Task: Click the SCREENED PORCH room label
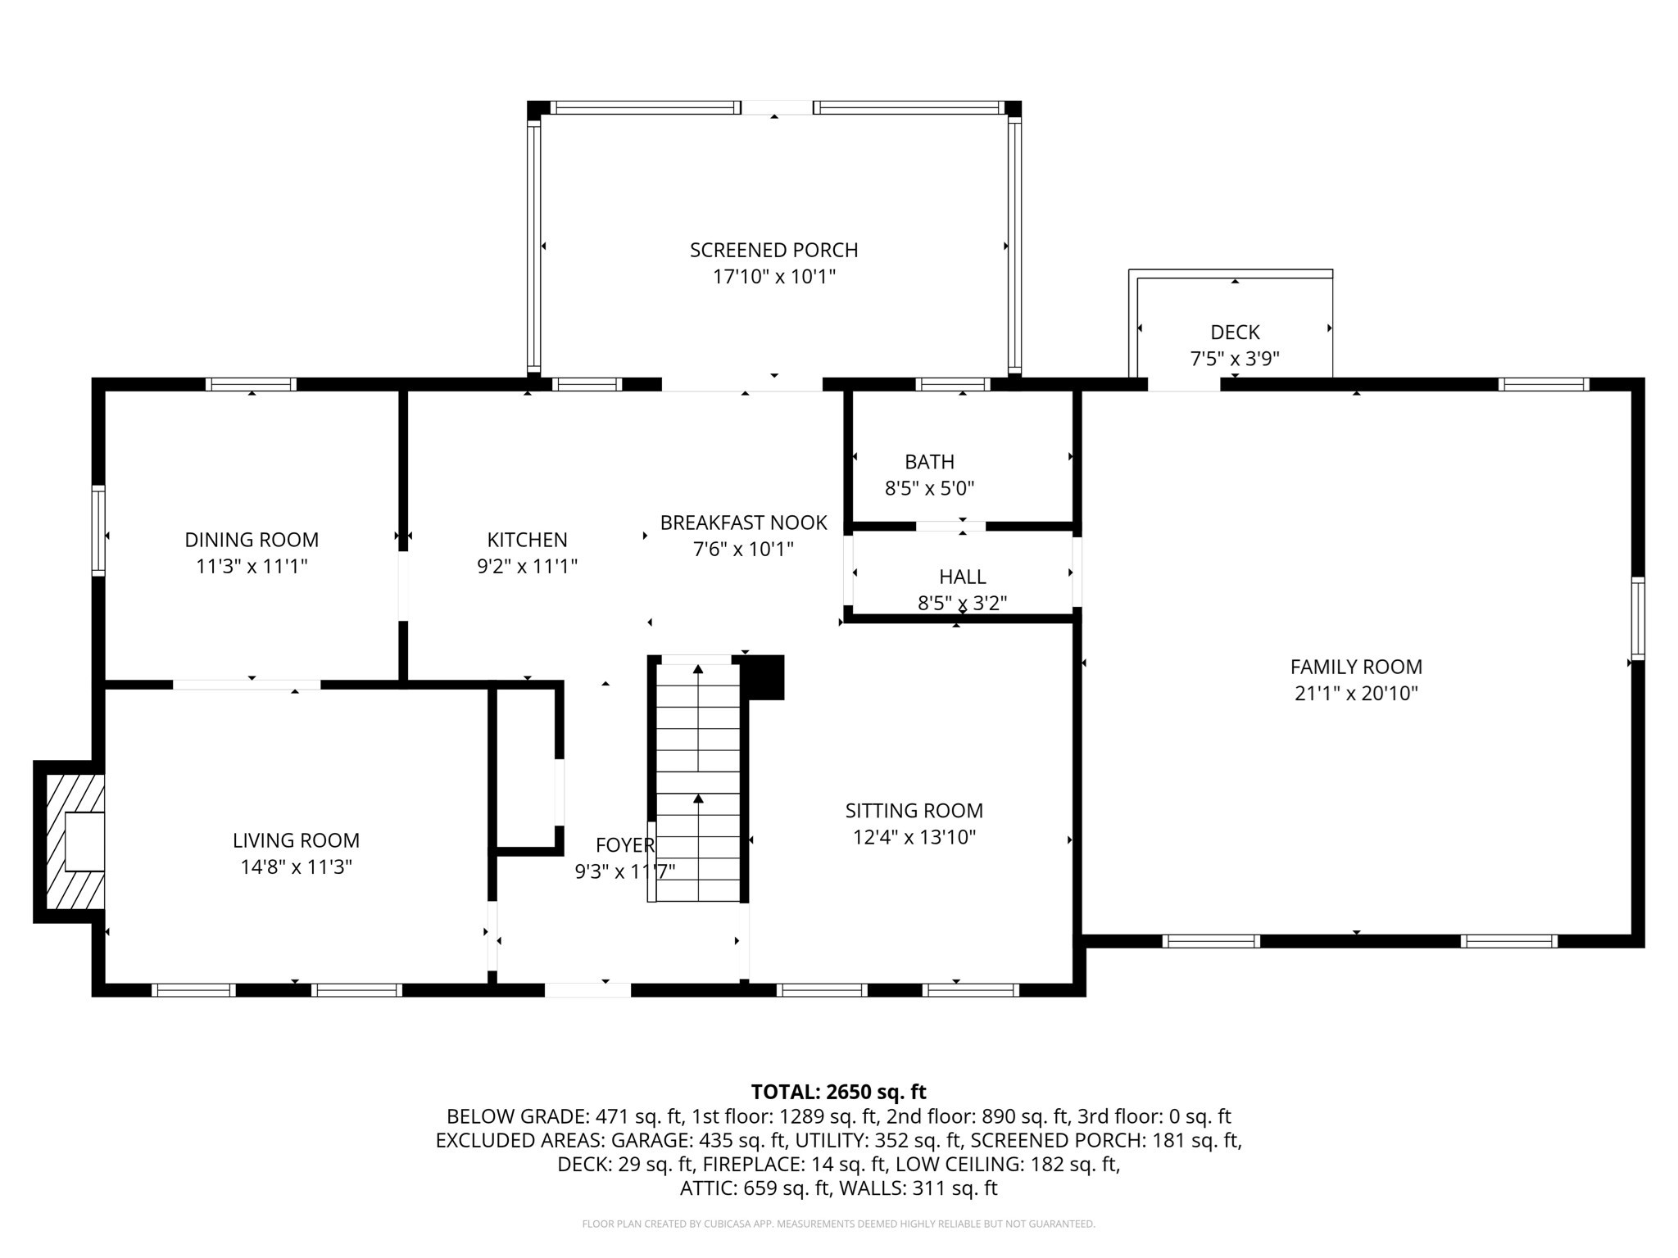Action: click(773, 250)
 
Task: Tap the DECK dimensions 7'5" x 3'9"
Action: click(1234, 359)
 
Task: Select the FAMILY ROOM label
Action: click(1356, 667)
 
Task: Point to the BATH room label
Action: click(929, 462)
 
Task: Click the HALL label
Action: click(962, 577)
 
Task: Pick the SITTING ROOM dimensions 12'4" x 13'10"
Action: click(914, 837)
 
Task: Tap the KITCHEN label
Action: click(527, 540)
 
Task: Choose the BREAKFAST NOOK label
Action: click(743, 523)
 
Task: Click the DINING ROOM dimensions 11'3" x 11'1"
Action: click(252, 566)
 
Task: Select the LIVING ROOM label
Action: click(296, 840)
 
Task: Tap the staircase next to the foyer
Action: click(698, 782)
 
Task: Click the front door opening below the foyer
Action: click(587, 989)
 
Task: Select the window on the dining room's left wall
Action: click(98, 530)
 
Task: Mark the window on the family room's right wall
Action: click(1637, 618)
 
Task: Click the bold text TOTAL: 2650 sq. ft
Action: click(838, 1092)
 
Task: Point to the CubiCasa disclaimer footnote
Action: click(838, 1224)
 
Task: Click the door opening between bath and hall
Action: click(950, 527)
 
